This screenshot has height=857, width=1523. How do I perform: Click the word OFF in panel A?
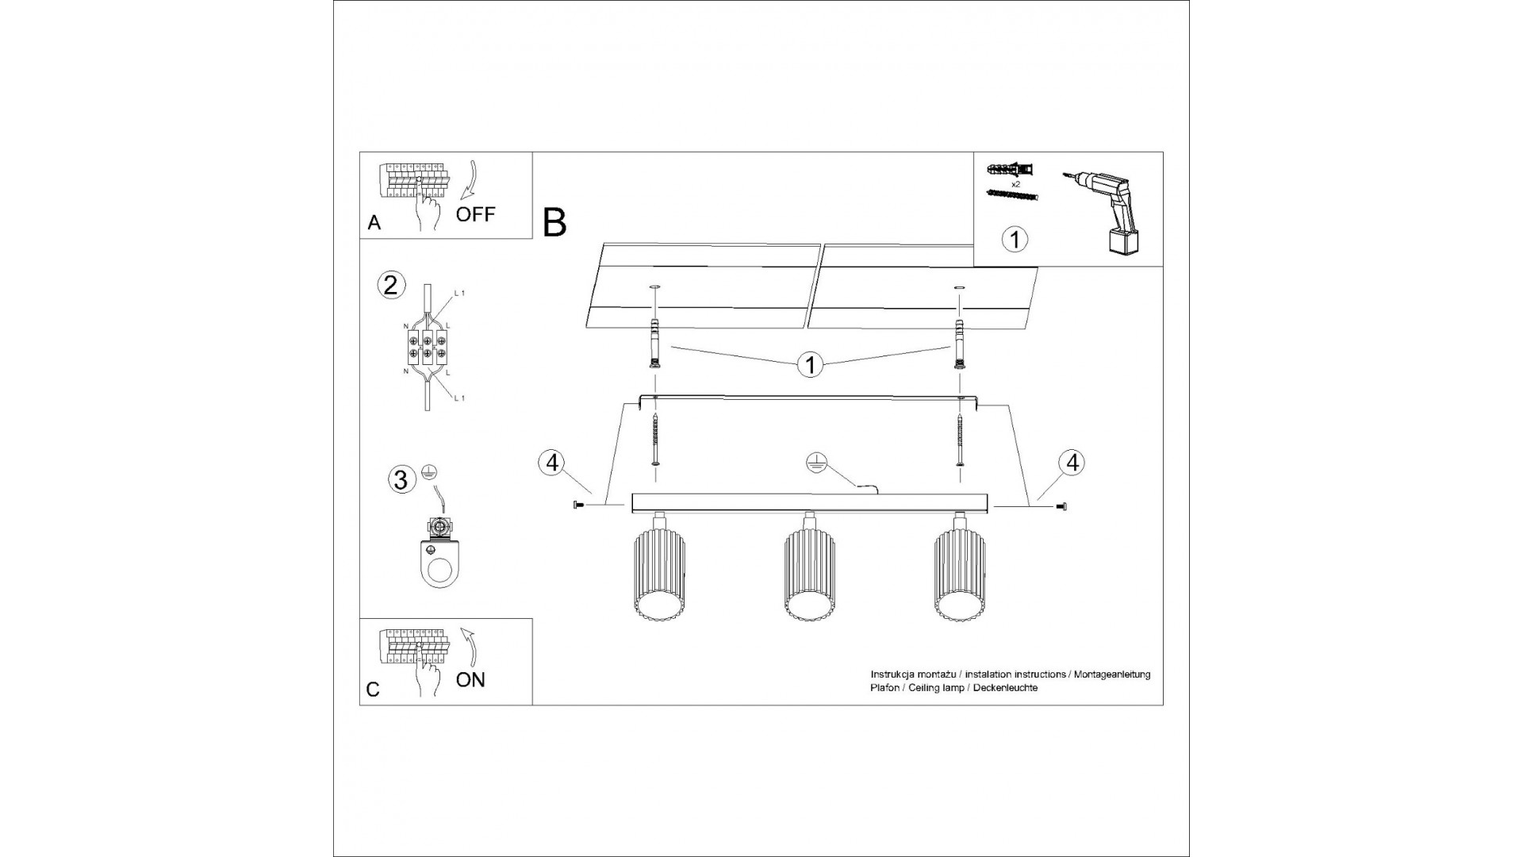pos(475,213)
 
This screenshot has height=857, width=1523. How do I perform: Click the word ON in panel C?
pos(470,679)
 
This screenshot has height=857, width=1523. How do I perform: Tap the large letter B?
pos(554,222)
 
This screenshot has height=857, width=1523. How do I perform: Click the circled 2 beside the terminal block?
pos(389,284)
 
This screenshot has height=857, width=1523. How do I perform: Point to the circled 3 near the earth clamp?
pos(401,479)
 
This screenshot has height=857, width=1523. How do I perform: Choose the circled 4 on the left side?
pos(552,462)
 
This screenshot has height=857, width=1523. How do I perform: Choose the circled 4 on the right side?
pos(1072,462)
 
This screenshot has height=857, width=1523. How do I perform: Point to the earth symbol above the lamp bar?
pos(814,463)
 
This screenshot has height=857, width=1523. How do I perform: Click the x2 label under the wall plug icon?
pos(1015,183)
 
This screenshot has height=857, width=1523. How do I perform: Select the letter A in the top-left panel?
pos(374,223)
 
